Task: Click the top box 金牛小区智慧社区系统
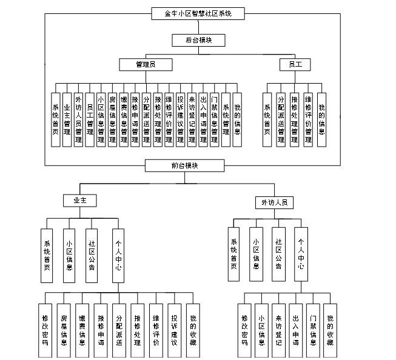coord(189,12)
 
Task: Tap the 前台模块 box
coord(184,165)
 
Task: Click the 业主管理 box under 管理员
coord(67,119)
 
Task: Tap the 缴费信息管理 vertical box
coord(124,119)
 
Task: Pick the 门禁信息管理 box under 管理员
coord(214,119)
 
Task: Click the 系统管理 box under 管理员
coord(226,119)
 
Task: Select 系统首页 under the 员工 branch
coord(267,119)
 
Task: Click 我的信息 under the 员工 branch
coord(321,119)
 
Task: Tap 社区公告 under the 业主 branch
coord(92,255)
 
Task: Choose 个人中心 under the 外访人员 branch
coord(301,255)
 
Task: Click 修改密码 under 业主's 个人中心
coord(45,330)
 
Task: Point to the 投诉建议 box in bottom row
coord(175,330)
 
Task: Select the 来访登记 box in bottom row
coord(278,330)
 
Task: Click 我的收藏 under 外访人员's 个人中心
coord(329,330)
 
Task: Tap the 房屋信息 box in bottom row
coord(64,330)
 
